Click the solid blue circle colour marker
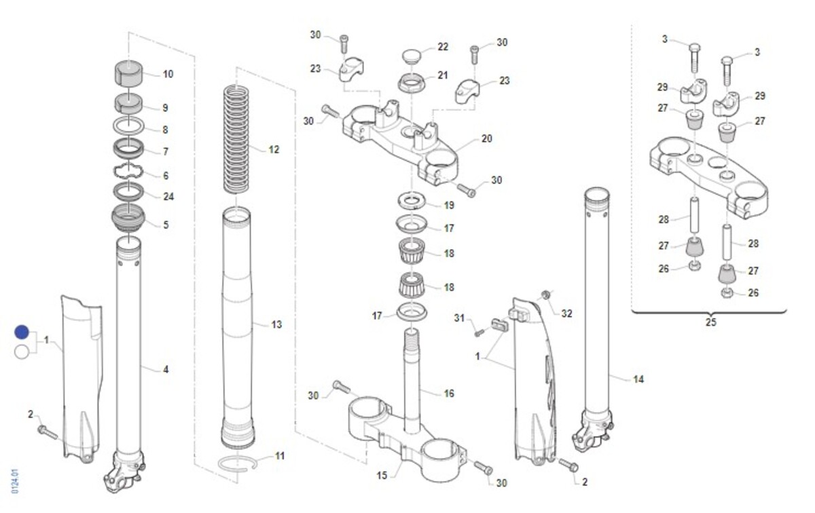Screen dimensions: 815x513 point(22,332)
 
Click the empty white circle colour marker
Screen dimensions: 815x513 point(22,352)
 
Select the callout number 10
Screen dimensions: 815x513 point(168,74)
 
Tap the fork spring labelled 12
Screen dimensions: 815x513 point(236,139)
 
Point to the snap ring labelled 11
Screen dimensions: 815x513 point(238,463)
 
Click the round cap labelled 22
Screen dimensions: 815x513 point(412,56)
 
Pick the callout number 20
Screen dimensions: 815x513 point(486,138)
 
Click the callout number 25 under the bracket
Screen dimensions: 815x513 point(710,322)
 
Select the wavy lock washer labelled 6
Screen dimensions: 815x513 point(128,171)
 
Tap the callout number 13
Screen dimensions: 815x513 point(276,324)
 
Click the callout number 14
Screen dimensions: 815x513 point(638,379)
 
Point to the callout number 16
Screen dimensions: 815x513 point(449,394)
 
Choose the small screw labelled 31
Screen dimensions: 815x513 point(479,332)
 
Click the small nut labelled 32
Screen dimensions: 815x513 point(545,294)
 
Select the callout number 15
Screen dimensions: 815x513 point(382,476)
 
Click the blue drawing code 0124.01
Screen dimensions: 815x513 point(15,481)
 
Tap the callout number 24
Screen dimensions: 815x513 point(168,197)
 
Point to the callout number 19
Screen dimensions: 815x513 point(449,206)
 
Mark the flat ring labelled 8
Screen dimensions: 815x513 point(128,126)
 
